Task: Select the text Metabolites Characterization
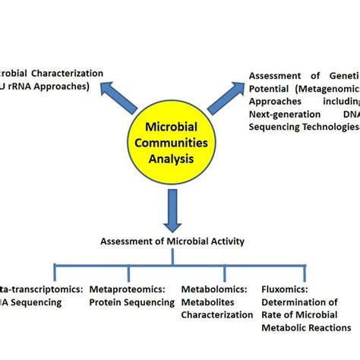[217, 308]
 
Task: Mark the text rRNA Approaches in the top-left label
[53, 87]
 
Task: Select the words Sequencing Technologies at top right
[304, 126]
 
